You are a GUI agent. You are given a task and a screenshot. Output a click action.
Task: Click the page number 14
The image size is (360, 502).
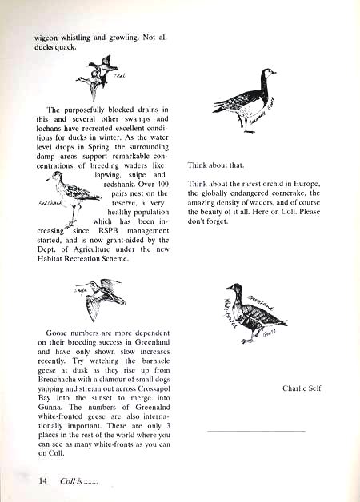pos(43,481)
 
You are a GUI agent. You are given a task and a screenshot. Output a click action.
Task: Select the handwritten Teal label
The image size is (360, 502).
pos(121,76)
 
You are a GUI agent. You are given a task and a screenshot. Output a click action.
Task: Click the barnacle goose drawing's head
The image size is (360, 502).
pos(261,76)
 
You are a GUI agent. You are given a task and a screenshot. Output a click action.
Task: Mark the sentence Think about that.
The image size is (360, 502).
pos(214,165)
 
